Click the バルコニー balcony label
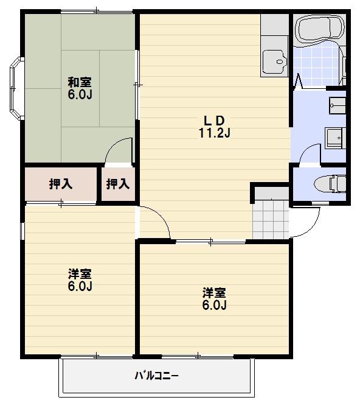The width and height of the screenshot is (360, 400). point(156,376)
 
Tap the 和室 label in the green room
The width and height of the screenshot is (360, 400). point(80,82)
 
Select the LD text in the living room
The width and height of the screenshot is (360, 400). point(214,121)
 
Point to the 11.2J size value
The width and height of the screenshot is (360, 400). point(214,133)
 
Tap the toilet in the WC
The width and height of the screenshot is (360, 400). point(330,184)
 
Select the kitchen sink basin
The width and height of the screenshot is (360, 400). point(274,60)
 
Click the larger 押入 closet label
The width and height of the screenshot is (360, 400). point(61,184)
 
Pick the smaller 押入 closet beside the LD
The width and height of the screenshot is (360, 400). point(118,184)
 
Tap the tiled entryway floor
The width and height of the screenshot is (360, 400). point(271,219)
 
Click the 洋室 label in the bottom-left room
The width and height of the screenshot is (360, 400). point(80,274)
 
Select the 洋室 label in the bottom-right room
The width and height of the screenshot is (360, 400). point(214,293)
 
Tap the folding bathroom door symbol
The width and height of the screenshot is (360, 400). point(299,80)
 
